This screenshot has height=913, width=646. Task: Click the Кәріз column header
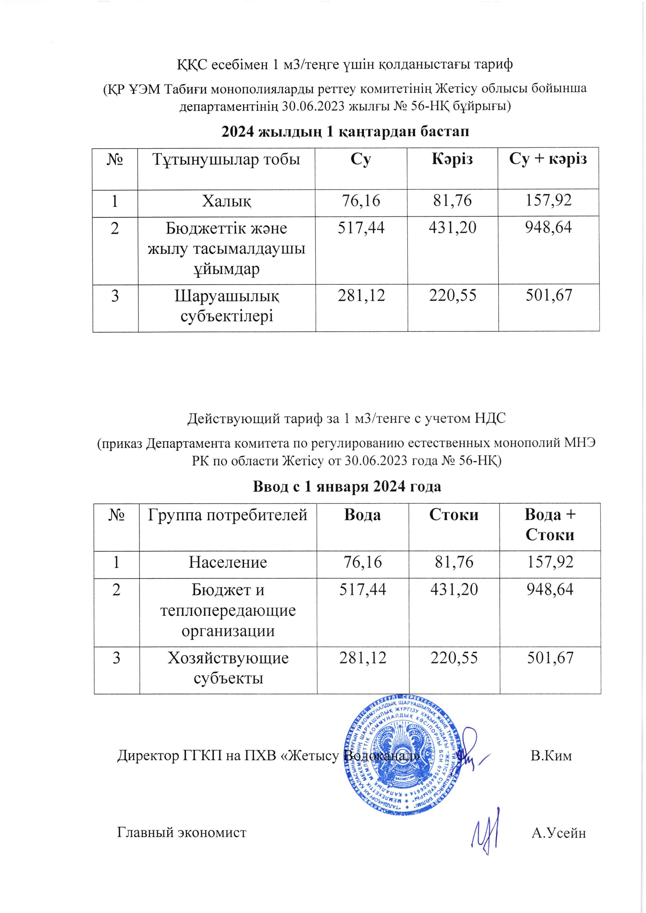click(452, 160)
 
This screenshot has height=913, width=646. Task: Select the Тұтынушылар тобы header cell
click(226, 160)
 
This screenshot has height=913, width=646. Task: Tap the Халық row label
click(226, 201)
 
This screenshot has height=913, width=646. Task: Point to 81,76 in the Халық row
click(452, 200)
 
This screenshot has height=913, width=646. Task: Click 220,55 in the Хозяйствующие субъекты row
click(454, 658)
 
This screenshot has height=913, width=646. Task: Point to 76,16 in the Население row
click(362, 562)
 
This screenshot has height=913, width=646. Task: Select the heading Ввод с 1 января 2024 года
click(347, 487)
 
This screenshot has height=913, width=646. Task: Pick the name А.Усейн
click(558, 832)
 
